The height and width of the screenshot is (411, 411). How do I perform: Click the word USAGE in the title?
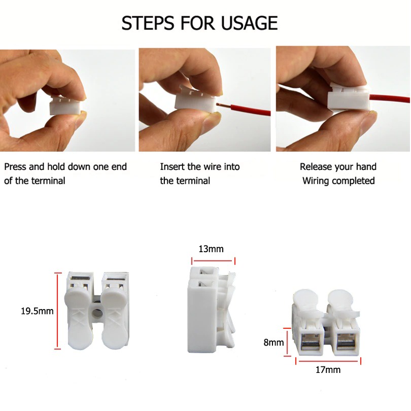[249, 23]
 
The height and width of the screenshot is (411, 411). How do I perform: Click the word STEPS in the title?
[148, 23]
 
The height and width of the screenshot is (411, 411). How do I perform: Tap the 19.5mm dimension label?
[37, 311]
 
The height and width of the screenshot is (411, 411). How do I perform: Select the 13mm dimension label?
[211, 249]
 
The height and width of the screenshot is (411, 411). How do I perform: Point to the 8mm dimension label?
[273, 342]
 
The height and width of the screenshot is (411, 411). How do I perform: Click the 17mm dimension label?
[328, 370]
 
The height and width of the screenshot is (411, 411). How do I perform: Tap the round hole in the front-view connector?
[97, 312]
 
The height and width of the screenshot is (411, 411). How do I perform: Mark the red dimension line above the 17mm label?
[328, 361]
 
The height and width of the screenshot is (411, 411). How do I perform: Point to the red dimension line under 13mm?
[213, 261]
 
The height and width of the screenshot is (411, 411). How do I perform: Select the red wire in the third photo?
[390, 100]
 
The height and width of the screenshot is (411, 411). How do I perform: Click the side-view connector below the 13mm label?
[211, 310]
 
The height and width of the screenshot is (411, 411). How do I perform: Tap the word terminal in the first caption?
[48, 181]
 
